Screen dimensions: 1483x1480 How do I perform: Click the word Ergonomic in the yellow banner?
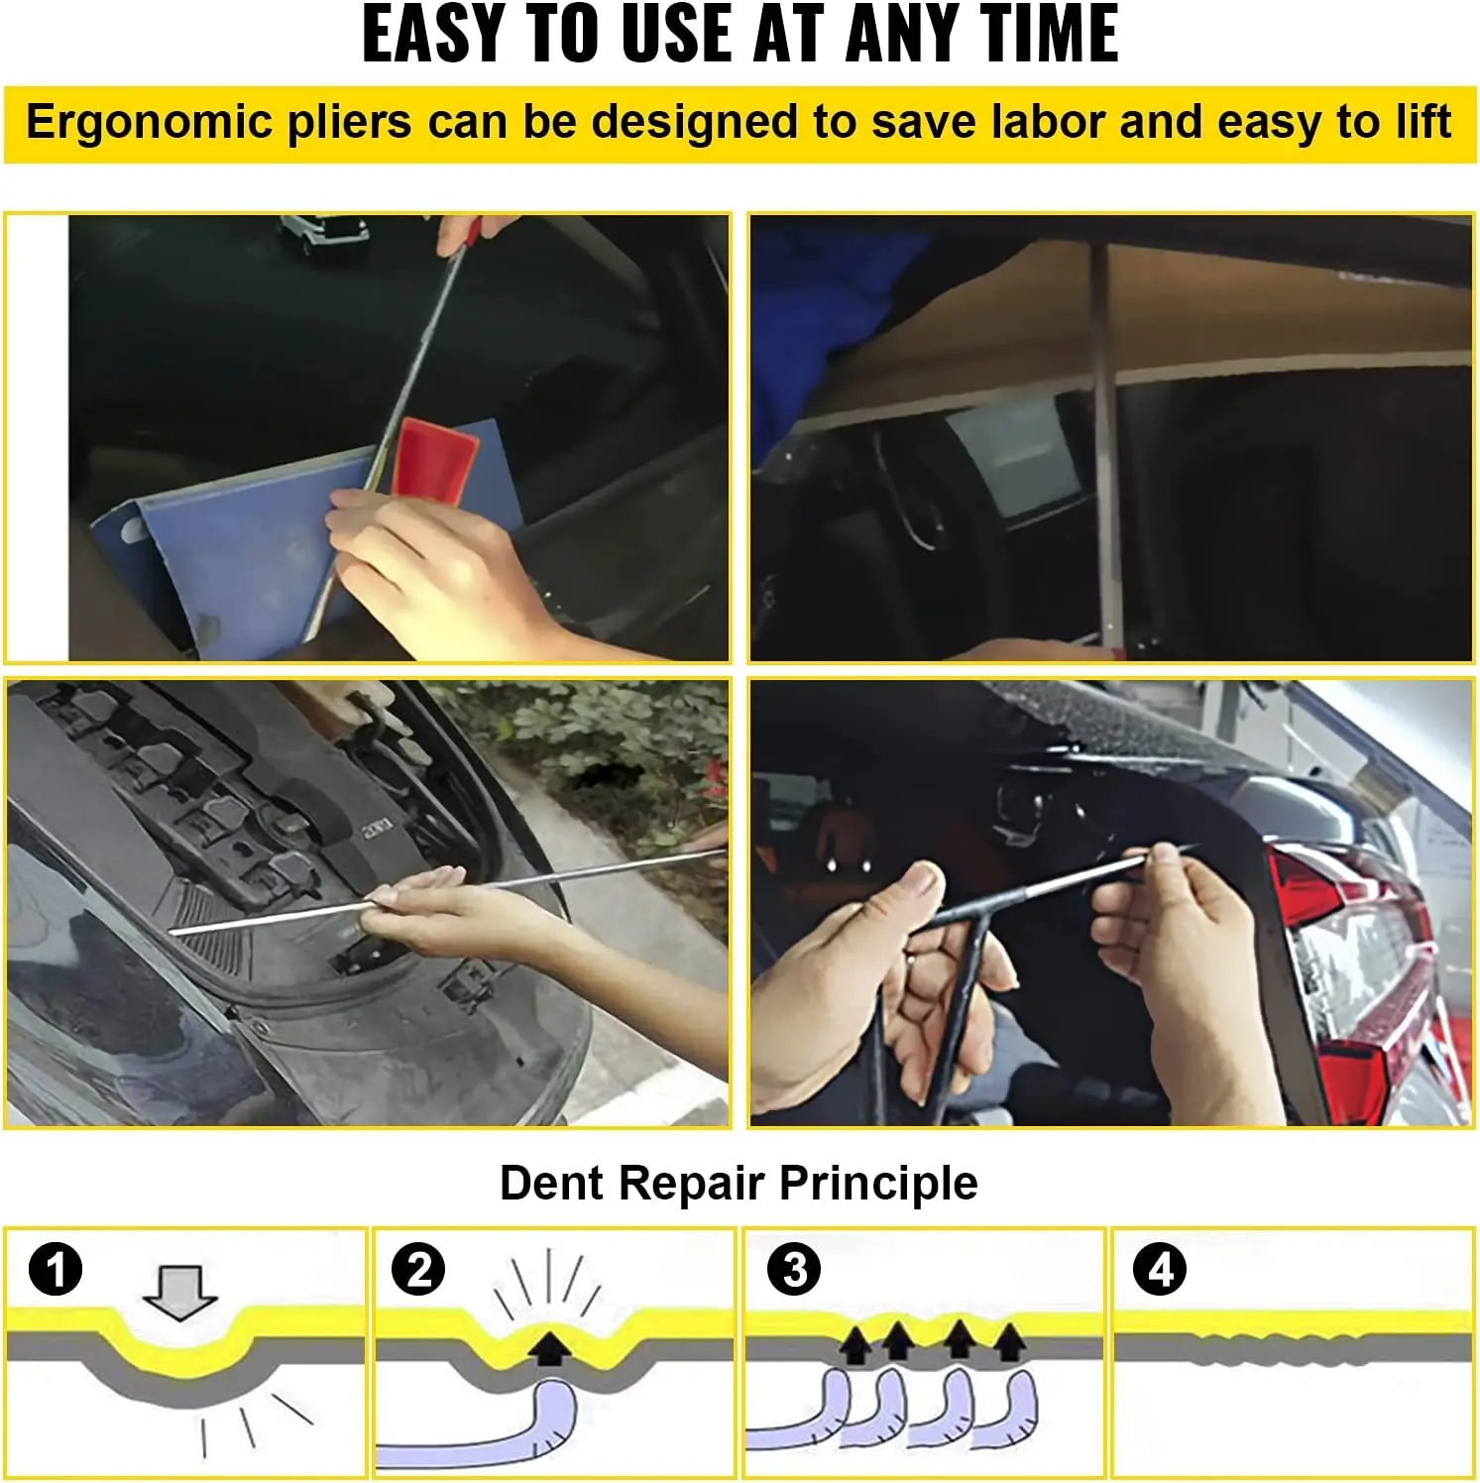click(149, 123)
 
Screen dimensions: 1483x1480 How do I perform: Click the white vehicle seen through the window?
click(322, 234)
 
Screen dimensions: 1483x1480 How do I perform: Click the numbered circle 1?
click(56, 1270)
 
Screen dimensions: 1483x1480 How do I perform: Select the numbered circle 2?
click(418, 1270)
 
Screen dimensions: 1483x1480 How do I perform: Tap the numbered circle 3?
click(794, 1270)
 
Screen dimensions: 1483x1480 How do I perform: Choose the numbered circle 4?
click(1160, 1270)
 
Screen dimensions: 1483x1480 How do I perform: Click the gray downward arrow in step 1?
click(179, 1292)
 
